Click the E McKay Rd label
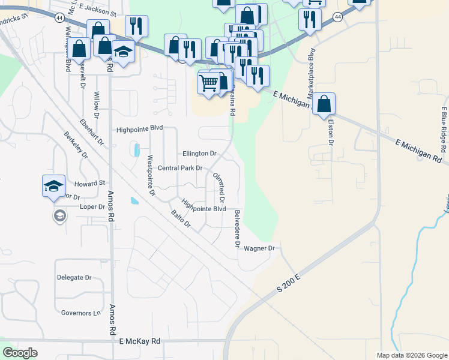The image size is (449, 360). pos(139,341)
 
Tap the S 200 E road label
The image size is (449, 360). pos(288,281)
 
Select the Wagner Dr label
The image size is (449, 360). pos(259,248)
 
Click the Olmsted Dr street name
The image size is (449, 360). pos(219,187)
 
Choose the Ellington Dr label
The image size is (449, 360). pos(199,154)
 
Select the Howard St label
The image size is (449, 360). pos(89,183)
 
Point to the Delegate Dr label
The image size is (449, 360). pos(74,278)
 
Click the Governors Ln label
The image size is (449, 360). pos(80,313)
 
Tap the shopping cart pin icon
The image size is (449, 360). pos(208,83)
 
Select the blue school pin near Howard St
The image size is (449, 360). pos(53,186)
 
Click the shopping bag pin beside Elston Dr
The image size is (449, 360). pos(324,104)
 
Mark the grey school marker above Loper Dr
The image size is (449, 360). pos(59,215)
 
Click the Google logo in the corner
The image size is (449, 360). pos(20,353)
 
